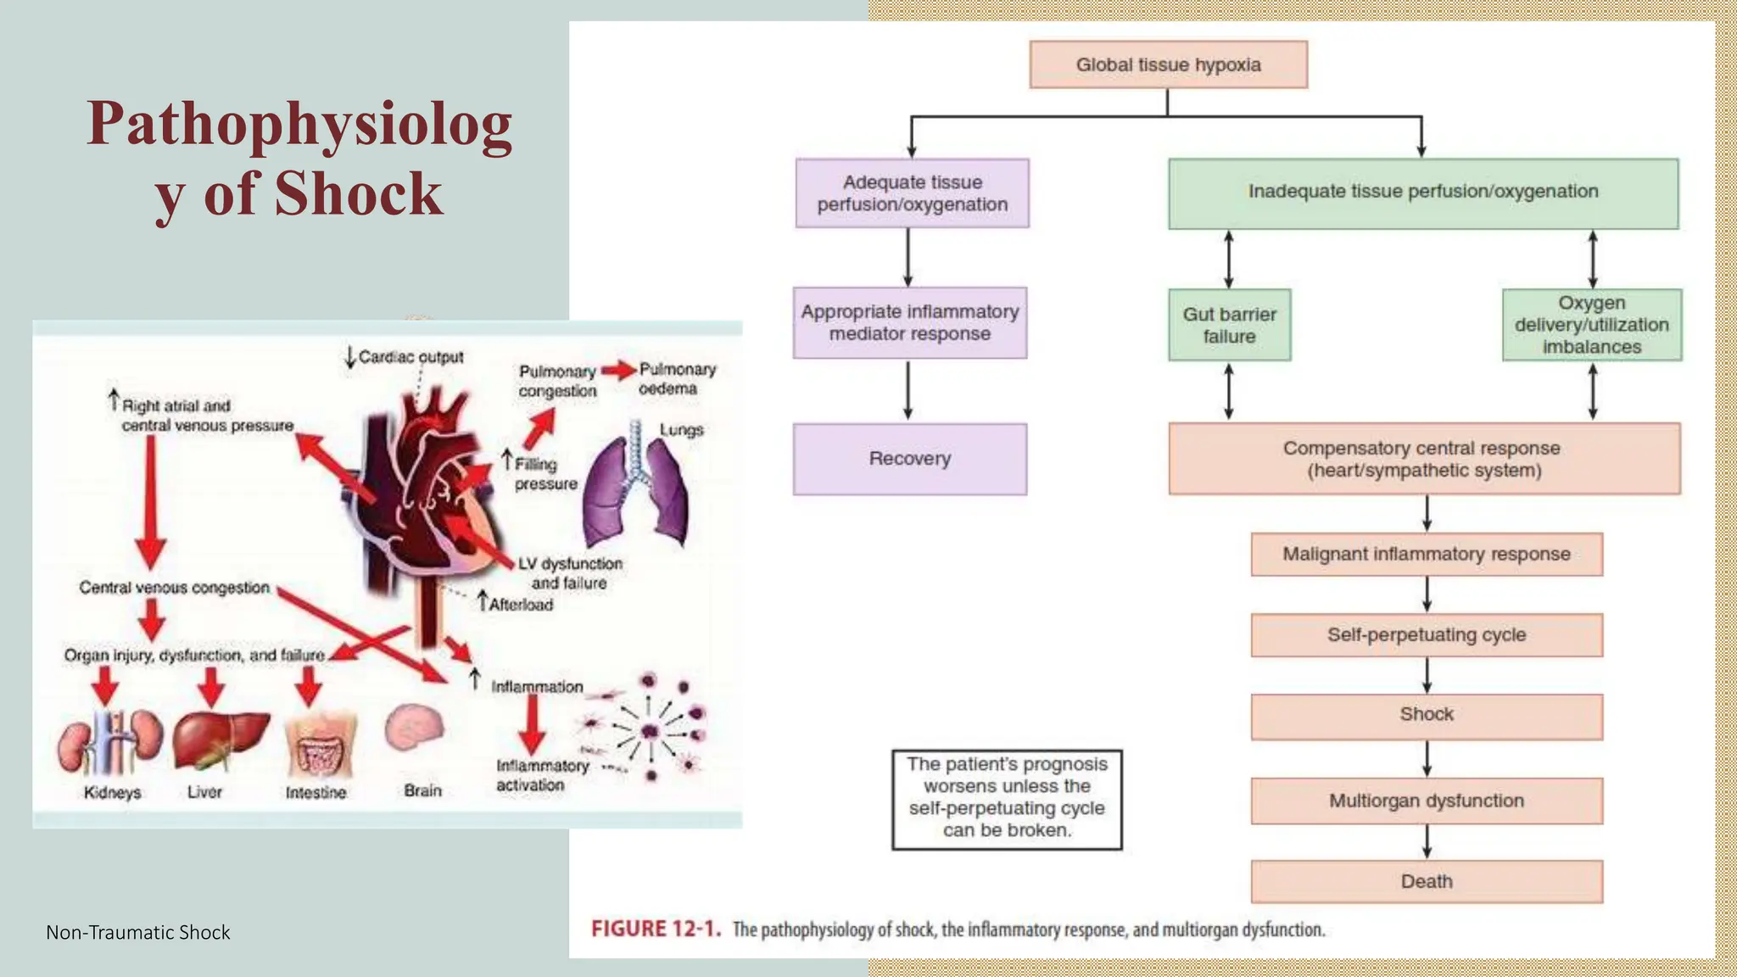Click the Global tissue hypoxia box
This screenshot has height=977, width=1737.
point(1168,64)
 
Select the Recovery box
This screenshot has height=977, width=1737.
point(909,459)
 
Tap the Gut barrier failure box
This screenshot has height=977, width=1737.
point(1229,325)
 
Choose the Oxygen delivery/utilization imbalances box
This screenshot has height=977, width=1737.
point(1591,325)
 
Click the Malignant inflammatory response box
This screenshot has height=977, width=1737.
point(1426,554)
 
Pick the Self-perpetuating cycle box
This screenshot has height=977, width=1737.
point(1426,634)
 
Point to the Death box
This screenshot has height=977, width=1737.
point(1426,881)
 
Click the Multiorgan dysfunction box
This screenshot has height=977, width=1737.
point(1426,801)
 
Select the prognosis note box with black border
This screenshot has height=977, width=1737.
point(1006,798)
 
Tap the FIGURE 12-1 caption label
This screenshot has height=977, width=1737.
point(656,929)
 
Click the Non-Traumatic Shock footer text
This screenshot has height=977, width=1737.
point(138,932)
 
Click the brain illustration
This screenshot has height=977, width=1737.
point(414,729)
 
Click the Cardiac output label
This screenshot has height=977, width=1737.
point(410,357)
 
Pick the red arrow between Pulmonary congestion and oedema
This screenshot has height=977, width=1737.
point(619,371)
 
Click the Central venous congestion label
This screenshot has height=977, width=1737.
point(174,588)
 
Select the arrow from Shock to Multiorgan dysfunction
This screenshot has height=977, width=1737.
point(1427,758)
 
